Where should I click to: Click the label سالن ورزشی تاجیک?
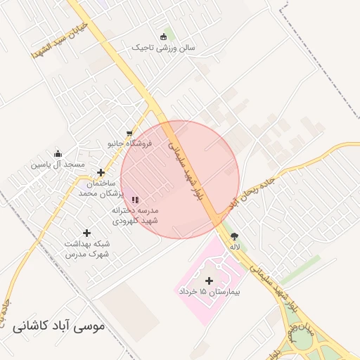[164, 48]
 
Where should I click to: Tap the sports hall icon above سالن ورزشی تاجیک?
[164, 37]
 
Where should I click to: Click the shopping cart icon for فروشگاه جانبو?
[129, 133]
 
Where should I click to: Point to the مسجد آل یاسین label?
[57, 164]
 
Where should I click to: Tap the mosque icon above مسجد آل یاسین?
[58, 154]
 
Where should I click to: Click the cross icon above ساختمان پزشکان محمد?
[101, 172]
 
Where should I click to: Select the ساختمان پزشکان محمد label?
[101, 187]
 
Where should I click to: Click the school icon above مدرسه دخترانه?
[135, 200]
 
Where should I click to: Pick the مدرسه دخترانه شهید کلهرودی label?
[136, 216]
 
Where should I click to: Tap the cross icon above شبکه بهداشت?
[87, 233]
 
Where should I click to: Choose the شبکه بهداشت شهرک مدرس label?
[87, 248]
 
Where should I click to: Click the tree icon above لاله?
[234, 237]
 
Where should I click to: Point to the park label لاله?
[234, 247]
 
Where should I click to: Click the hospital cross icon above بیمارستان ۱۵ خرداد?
[209, 281]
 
